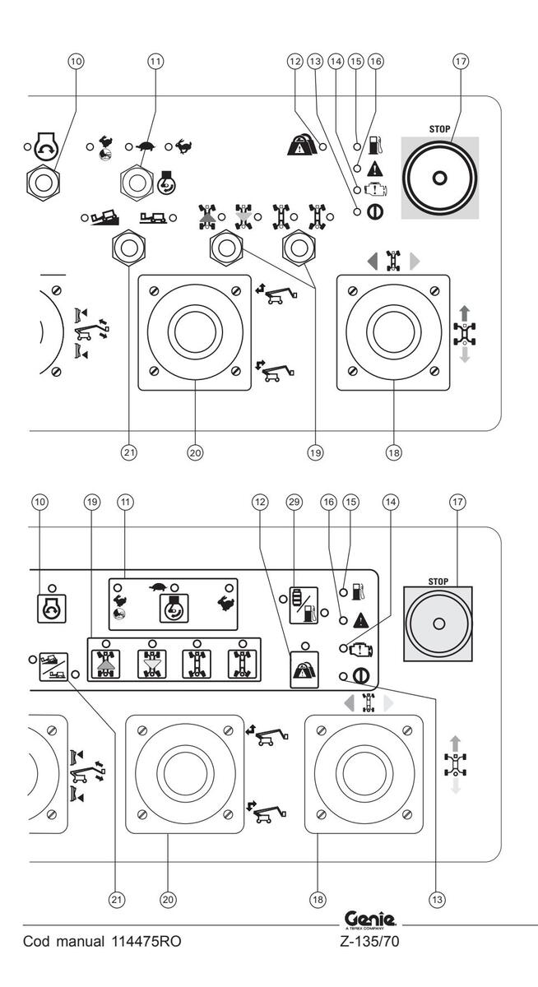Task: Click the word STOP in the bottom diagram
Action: pos(438,581)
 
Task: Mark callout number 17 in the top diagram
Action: pos(461,62)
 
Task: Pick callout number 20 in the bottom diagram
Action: pos(168,900)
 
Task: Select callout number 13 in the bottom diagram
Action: pos(438,900)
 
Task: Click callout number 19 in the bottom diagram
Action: pos(92,502)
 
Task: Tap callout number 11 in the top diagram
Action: pos(155,62)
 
